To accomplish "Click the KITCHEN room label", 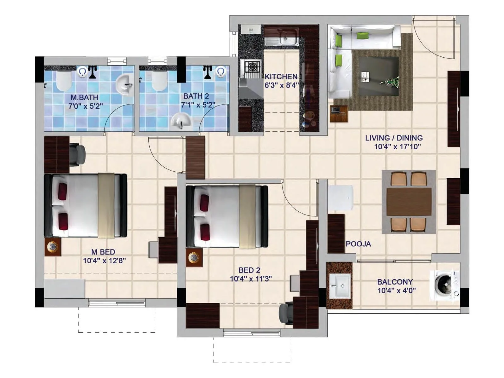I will (281, 77).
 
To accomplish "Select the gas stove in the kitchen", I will (251, 67).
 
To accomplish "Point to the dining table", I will (409, 202).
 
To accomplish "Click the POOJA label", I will (358, 244).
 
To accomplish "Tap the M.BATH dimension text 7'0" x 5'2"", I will (86, 106).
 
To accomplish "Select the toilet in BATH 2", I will (159, 80).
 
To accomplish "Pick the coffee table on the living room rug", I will (379, 76).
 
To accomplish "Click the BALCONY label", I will (395, 282).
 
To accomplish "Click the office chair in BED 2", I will (286, 312).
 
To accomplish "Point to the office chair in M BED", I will (77, 154).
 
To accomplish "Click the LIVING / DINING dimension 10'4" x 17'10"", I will (398, 146).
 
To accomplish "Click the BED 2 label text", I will (249, 270).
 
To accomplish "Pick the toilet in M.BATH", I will (64, 81).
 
